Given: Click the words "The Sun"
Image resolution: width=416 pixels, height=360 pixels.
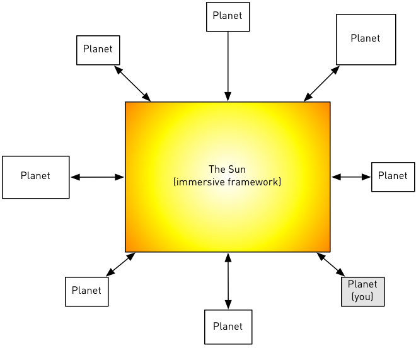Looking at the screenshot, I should coord(227,170).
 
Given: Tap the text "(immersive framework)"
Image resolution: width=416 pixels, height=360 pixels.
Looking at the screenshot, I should coord(227,182).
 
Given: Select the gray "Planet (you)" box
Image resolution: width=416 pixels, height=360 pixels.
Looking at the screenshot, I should coord(362,291).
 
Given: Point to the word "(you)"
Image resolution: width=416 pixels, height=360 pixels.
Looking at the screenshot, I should coord(362,297).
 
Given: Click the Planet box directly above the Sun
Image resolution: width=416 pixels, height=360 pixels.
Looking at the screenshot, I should coord(228,16).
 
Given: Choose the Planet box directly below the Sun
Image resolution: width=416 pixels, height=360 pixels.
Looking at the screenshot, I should coord(228,327).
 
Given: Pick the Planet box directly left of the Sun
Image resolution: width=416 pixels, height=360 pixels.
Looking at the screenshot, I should coord(35,177).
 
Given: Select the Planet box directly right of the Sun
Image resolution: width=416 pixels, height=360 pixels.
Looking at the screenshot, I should coord(393,177).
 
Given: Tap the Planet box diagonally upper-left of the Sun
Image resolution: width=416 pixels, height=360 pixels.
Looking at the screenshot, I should coord(98,50).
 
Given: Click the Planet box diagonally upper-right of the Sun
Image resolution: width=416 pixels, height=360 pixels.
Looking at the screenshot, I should coord(366,39).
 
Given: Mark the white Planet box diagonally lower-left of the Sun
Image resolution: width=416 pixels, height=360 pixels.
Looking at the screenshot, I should coord(86,291).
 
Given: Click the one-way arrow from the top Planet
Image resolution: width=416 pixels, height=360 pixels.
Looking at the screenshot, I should coord(228,63).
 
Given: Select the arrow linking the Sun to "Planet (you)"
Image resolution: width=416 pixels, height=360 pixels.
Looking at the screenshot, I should coord(331,265).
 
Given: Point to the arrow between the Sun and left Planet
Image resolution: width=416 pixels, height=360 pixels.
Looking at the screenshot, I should coord(97,177).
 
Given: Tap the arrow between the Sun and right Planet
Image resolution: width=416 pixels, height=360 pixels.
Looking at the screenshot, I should coord(351,177).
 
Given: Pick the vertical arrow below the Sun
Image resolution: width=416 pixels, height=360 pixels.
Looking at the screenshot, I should coord(228,281).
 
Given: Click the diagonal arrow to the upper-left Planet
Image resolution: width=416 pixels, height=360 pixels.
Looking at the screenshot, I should coord(132,83).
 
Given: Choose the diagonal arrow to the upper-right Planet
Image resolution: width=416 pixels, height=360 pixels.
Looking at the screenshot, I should coord(321,83).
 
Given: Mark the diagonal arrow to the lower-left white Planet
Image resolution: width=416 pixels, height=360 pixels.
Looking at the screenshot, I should coord(120,264).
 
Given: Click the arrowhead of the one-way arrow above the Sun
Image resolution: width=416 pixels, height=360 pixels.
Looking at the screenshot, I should coord(228,96).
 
